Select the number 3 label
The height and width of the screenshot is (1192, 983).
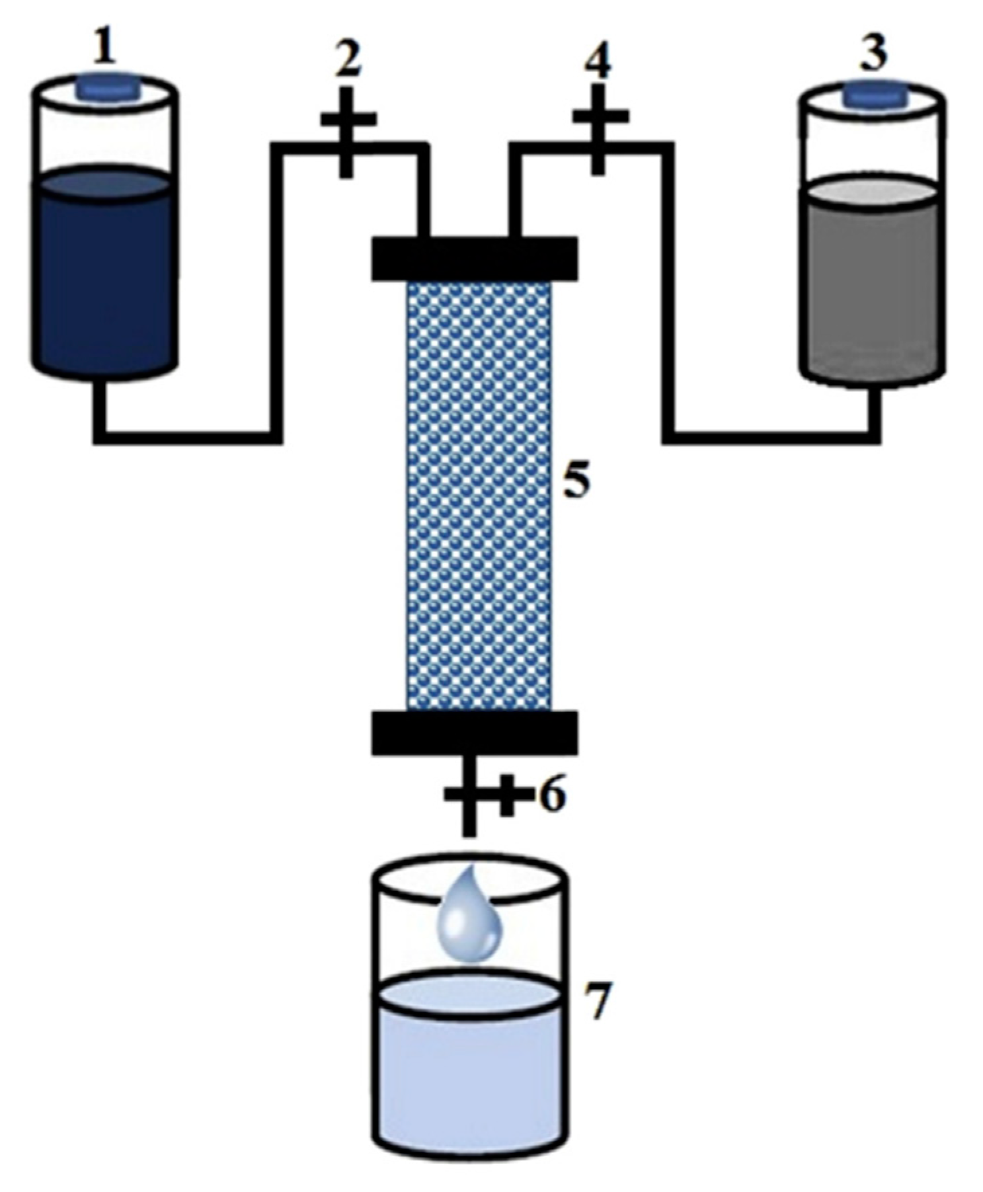click(x=873, y=54)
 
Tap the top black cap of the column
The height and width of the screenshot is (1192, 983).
click(x=474, y=258)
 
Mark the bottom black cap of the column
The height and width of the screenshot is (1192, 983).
click(x=474, y=733)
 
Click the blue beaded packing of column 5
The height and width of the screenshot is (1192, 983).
click(x=479, y=494)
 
